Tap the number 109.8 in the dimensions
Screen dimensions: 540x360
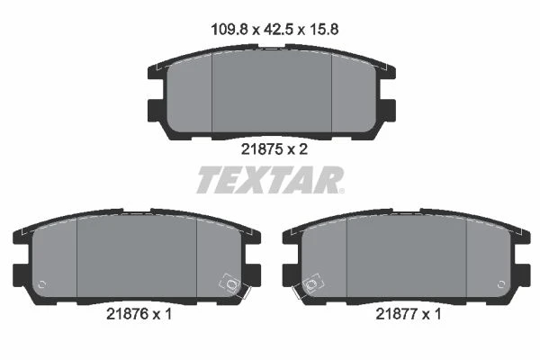229,30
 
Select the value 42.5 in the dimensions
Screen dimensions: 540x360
278,30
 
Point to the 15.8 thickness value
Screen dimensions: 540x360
324,30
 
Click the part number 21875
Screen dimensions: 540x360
262,149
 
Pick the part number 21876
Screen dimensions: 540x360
127,314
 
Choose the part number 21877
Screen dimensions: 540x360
396,314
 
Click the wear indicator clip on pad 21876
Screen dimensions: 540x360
233,285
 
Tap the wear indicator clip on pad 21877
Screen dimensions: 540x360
309,285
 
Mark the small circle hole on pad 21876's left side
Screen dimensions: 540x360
41,284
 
